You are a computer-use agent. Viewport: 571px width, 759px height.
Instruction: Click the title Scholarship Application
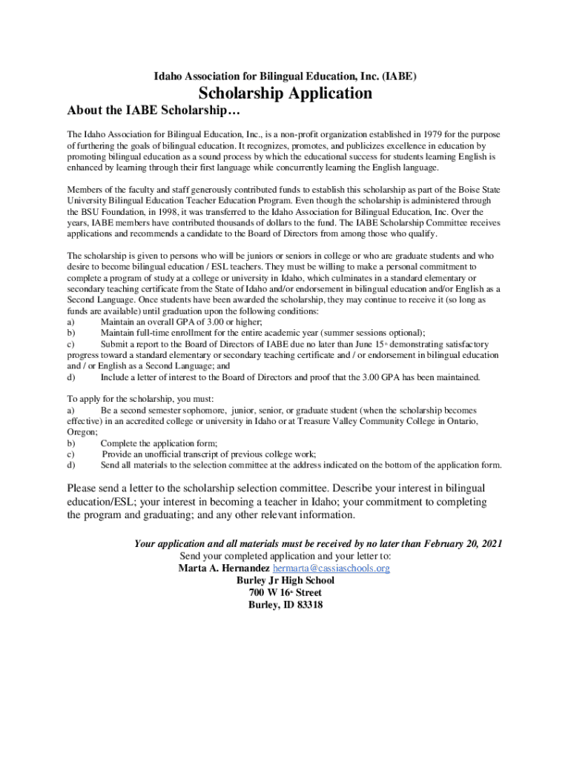[x=285, y=94]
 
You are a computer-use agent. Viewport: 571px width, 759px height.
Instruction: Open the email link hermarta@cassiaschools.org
[x=331, y=568]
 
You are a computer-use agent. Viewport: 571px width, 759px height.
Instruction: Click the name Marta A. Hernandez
[x=224, y=568]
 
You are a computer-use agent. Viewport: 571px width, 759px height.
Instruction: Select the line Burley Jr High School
[x=285, y=580]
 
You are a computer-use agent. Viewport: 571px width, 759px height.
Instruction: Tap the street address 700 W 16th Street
[x=285, y=592]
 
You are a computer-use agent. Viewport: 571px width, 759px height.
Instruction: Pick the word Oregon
[x=82, y=431]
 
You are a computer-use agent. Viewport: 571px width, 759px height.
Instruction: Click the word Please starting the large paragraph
[x=84, y=488]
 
